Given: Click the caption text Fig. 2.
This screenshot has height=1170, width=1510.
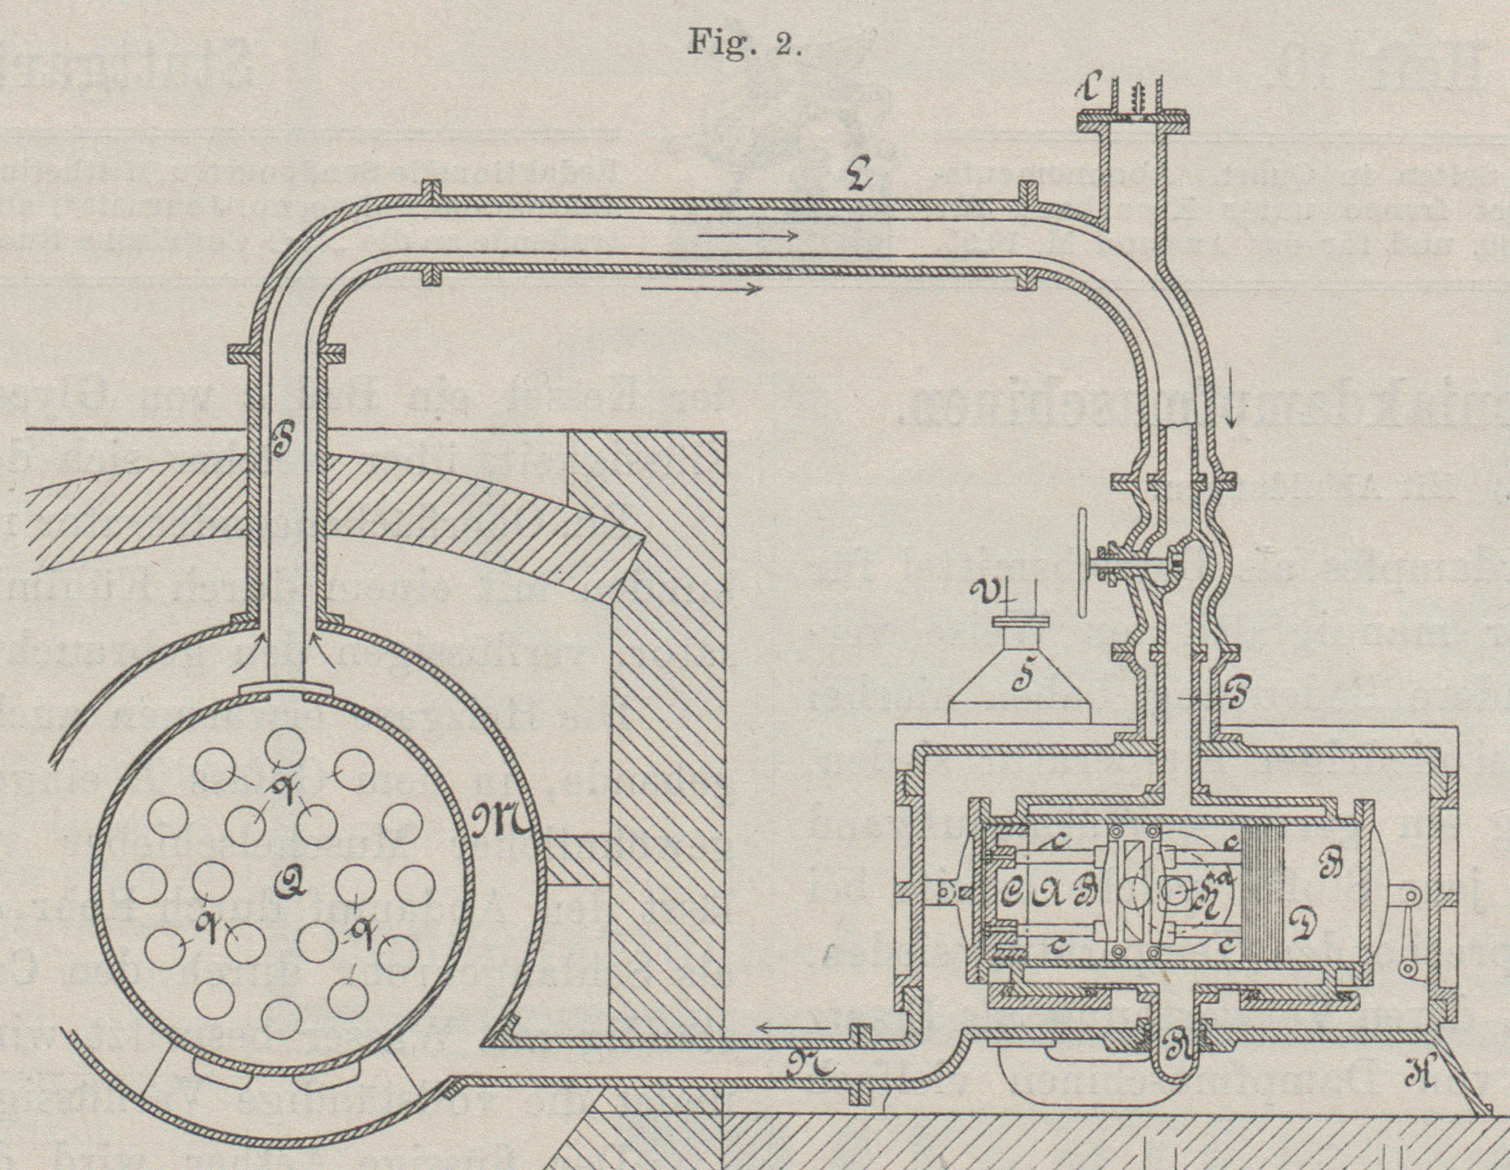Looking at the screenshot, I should [x=744, y=44].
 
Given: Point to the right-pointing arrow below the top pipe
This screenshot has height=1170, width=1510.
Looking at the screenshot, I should [x=701, y=288].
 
